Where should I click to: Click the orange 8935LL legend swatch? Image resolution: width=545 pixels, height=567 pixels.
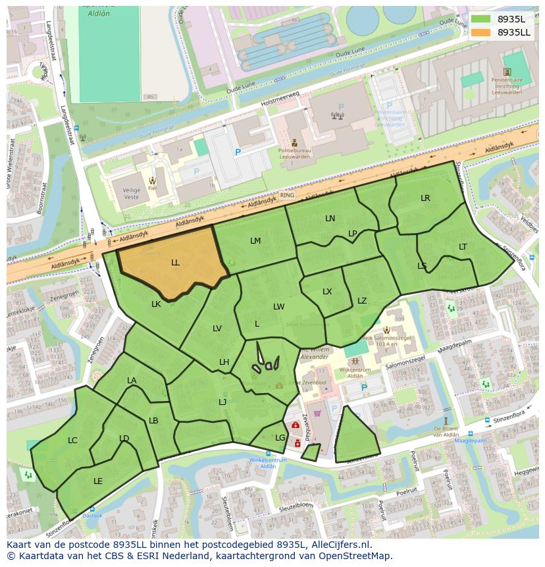point(481,32)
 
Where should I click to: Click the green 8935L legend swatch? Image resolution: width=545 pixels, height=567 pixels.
point(481,19)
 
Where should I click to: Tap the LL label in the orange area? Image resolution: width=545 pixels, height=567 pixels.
point(175,263)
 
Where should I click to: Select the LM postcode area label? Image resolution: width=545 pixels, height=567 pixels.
point(255,241)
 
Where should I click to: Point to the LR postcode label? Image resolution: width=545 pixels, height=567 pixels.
point(425,198)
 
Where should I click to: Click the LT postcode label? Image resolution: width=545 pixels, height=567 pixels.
point(463,247)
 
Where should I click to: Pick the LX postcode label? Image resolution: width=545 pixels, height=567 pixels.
point(327,292)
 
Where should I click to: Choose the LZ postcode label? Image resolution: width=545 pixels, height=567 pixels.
point(362,301)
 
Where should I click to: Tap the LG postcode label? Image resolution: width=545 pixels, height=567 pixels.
point(280,438)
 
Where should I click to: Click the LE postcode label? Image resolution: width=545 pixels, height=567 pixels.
point(98,481)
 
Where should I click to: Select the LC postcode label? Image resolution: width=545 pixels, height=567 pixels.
point(72,441)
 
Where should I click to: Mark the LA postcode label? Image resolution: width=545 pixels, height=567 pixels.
point(132,381)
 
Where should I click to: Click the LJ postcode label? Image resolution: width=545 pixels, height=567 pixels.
point(222,402)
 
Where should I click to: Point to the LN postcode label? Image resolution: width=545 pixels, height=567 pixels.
point(330,219)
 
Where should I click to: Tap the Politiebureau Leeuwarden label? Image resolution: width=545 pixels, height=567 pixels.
point(294,151)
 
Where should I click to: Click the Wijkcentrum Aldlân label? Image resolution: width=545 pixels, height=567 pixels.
point(355,373)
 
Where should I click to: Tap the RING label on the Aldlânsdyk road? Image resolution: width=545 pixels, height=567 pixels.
point(287,196)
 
